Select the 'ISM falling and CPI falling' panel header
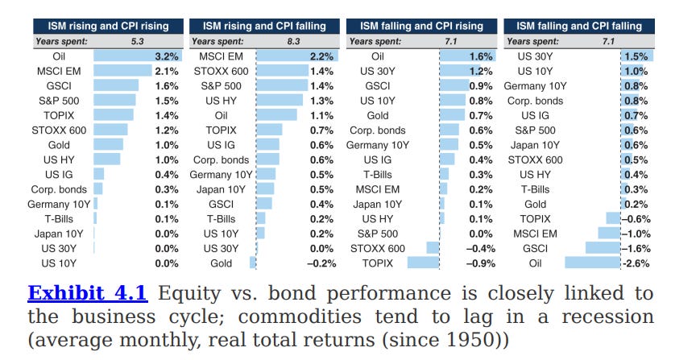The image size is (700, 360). click(579, 26)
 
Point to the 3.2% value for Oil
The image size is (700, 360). click(167, 56)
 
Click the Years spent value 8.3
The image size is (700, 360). click(293, 40)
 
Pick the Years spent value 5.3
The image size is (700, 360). click(138, 40)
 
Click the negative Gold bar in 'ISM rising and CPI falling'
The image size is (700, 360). click(253, 263)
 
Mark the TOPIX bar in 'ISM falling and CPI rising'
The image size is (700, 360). click(423, 263)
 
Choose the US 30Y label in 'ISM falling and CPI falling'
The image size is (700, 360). click(535, 56)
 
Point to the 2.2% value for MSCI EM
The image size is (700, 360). click(323, 56)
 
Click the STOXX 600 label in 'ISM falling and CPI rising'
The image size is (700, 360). click(378, 248)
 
